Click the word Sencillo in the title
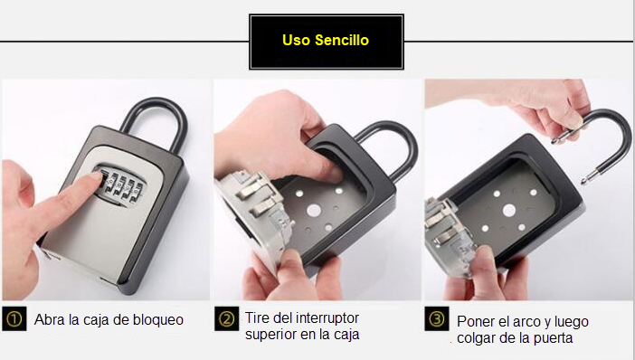(x=342, y=40)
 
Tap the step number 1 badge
(x=14, y=319)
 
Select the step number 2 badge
(x=226, y=319)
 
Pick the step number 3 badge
(x=437, y=319)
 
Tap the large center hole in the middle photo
(x=314, y=210)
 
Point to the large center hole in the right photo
(x=508, y=210)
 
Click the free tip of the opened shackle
(x=583, y=180)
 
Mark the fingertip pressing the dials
(x=96, y=175)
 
